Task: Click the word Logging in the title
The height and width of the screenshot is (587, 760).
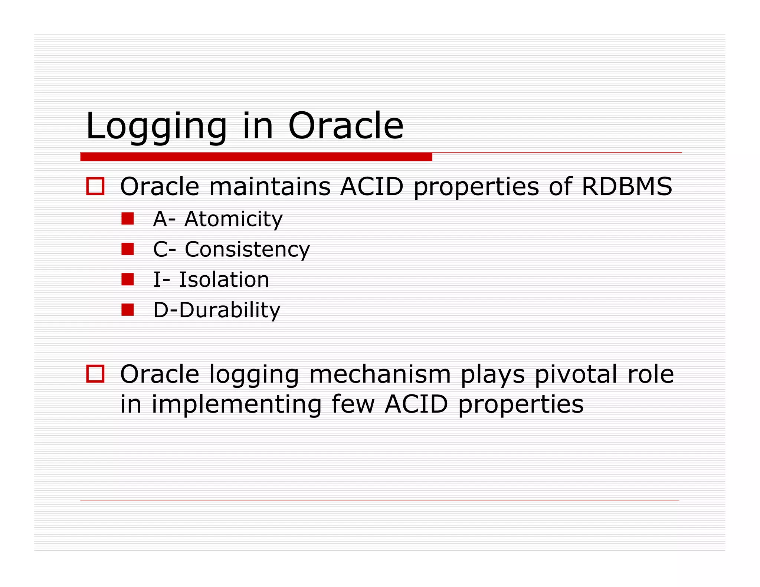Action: tap(156, 127)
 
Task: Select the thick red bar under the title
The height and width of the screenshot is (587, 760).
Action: tap(256, 157)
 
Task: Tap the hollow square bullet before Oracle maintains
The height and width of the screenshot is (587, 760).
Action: tap(95, 186)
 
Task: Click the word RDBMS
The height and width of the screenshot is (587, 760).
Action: tap(627, 186)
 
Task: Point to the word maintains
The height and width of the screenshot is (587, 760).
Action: tap(270, 186)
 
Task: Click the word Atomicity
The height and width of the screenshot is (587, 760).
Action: tap(233, 219)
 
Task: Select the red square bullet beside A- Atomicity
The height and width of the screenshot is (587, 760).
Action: tap(127, 219)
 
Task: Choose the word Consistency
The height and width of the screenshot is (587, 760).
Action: tap(247, 249)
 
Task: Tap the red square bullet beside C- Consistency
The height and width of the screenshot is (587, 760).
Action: tap(127, 249)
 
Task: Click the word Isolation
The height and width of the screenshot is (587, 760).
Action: tap(224, 279)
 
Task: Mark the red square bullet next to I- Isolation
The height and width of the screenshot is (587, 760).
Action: tap(127, 279)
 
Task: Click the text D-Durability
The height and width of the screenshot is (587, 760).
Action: tap(217, 310)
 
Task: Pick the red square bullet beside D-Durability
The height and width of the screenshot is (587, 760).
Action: tap(127, 309)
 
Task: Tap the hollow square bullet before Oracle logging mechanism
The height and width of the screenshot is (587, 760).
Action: tap(95, 374)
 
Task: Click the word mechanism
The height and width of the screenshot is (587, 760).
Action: tap(380, 374)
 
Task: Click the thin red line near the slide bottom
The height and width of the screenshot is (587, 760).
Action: tap(379, 501)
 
